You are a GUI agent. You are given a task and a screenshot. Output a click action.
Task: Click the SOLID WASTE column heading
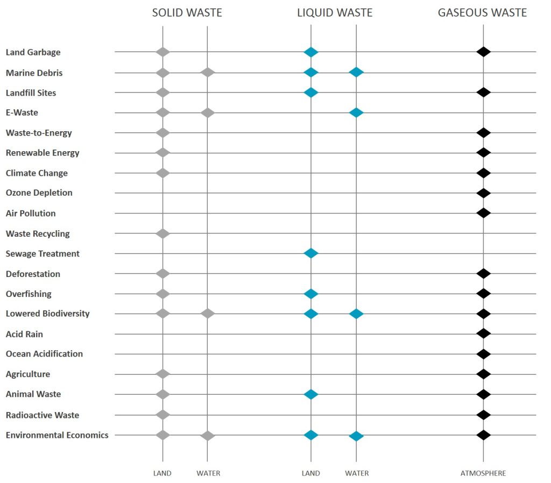pos(187,13)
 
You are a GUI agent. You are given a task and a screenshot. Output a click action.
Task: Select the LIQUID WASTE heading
pos(335,13)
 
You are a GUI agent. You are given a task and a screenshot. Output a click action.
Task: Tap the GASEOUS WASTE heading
pos(482,13)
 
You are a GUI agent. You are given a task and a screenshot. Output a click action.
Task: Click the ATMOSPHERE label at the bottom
pos(483,473)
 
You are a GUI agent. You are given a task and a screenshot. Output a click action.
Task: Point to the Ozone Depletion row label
pos(39,193)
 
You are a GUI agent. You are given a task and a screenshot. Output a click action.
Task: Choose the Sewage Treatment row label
pos(43,253)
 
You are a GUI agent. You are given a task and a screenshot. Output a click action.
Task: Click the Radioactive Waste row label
pos(42,415)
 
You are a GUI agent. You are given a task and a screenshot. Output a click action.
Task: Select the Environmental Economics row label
pos(56,435)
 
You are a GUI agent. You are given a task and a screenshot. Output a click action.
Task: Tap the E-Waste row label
pos(22,112)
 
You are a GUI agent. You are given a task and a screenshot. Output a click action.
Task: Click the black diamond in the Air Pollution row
pos(483,213)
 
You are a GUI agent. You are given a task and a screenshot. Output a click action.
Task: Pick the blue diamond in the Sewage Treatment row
pos(310,253)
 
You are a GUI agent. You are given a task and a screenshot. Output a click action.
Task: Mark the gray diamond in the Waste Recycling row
pos(163,233)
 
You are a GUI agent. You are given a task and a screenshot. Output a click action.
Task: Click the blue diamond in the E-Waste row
pos(356,112)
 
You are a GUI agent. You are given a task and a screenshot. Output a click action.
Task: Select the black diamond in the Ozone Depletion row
pos(483,193)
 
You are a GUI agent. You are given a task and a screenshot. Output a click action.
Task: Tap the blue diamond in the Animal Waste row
pos(310,394)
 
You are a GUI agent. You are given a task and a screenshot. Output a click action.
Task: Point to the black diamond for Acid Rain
pos(483,333)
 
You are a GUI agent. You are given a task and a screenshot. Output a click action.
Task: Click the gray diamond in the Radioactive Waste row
pos(163,415)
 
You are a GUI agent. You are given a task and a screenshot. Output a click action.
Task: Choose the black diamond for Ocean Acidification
pos(483,354)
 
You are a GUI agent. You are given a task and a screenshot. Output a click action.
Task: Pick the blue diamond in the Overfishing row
pos(310,294)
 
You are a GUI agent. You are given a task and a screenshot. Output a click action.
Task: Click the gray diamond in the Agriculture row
pos(163,374)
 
